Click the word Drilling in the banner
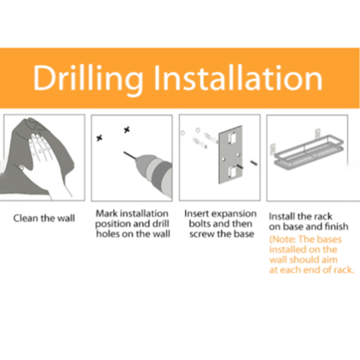point(88,80)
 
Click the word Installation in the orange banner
point(238,78)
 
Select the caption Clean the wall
point(44,218)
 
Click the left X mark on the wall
point(99,138)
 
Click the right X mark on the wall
point(127,130)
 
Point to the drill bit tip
point(124,152)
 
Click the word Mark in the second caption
point(107,213)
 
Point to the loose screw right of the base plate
point(254,163)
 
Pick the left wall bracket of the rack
point(273,150)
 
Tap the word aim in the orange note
point(330,260)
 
